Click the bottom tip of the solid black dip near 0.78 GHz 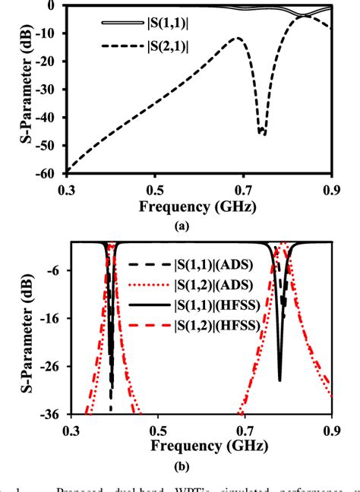point(279,380)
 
